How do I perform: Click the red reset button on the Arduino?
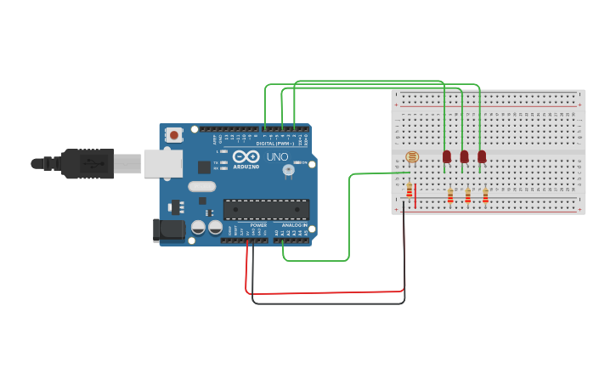coord(174,134)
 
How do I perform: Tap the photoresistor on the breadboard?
coord(413,157)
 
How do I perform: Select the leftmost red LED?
coord(447,156)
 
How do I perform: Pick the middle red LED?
coord(464,156)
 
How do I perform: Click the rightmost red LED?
coord(482,156)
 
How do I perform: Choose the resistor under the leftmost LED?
coord(449,196)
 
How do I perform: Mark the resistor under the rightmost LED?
coord(485,196)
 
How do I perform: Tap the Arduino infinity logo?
coord(246,157)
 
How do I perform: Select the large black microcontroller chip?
coord(266,209)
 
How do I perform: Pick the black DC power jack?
coord(168,229)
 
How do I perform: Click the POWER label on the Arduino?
coord(258,224)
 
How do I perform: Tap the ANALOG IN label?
coord(294,224)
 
